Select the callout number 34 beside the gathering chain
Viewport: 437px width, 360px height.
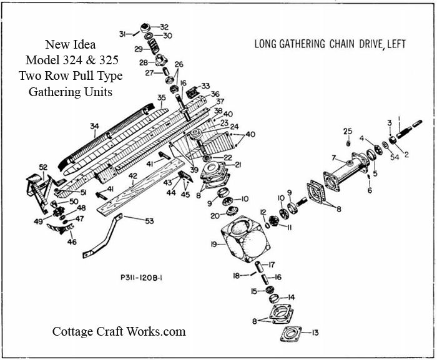click(x=94, y=127)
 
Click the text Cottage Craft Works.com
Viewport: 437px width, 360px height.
click(x=119, y=331)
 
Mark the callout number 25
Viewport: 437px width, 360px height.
click(x=348, y=130)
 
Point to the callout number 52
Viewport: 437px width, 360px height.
click(x=43, y=167)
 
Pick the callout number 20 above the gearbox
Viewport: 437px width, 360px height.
click(x=214, y=216)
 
